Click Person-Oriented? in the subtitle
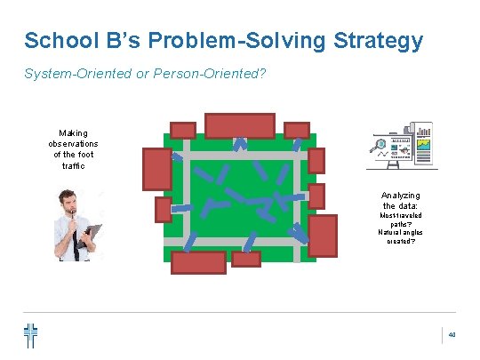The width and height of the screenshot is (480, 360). pyautogui.click(x=198, y=76)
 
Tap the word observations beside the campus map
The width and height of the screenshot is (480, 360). pyautogui.click(x=73, y=143)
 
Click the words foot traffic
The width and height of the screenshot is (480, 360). pyautogui.click(x=73, y=160)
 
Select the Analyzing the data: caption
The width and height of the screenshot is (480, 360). pyautogui.click(x=400, y=200)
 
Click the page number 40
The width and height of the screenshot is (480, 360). pyautogui.click(x=452, y=335)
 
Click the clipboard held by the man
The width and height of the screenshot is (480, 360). pyautogui.click(x=92, y=234)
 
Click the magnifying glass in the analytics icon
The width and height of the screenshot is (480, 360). pyautogui.click(x=381, y=146)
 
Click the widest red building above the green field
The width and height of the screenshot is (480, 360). pyautogui.click(x=240, y=125)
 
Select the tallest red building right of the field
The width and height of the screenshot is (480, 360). pyautogui.click(x=323, y=235)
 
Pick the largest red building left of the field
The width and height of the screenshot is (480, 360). pyautogui.click(x=157, y=168)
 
